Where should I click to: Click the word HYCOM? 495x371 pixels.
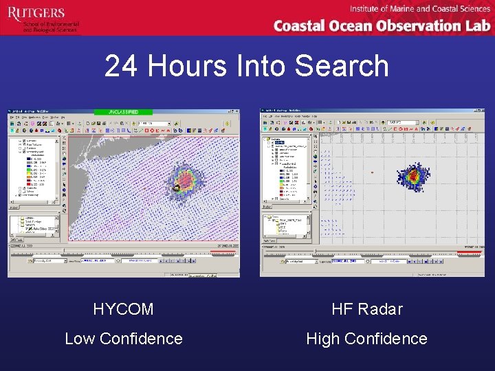[124, 309]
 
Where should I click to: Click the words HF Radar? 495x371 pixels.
[366, 309]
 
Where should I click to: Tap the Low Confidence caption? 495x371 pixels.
[124, 339]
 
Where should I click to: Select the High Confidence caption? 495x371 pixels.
[366, 339]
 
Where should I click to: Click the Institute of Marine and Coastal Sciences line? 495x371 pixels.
[419, 9]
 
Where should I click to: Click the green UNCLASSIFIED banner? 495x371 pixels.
[124, 111]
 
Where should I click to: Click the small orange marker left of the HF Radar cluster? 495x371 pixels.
[372, 172]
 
